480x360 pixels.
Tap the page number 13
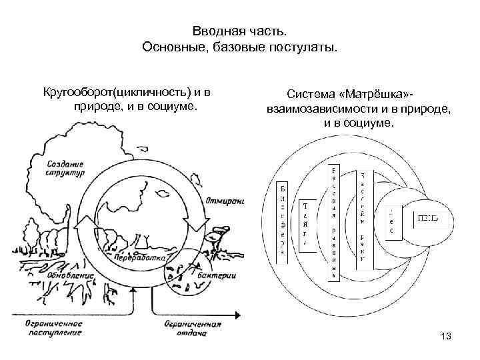click(x=446, y=337)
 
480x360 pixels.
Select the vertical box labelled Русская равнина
click(x=333, y=220)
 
